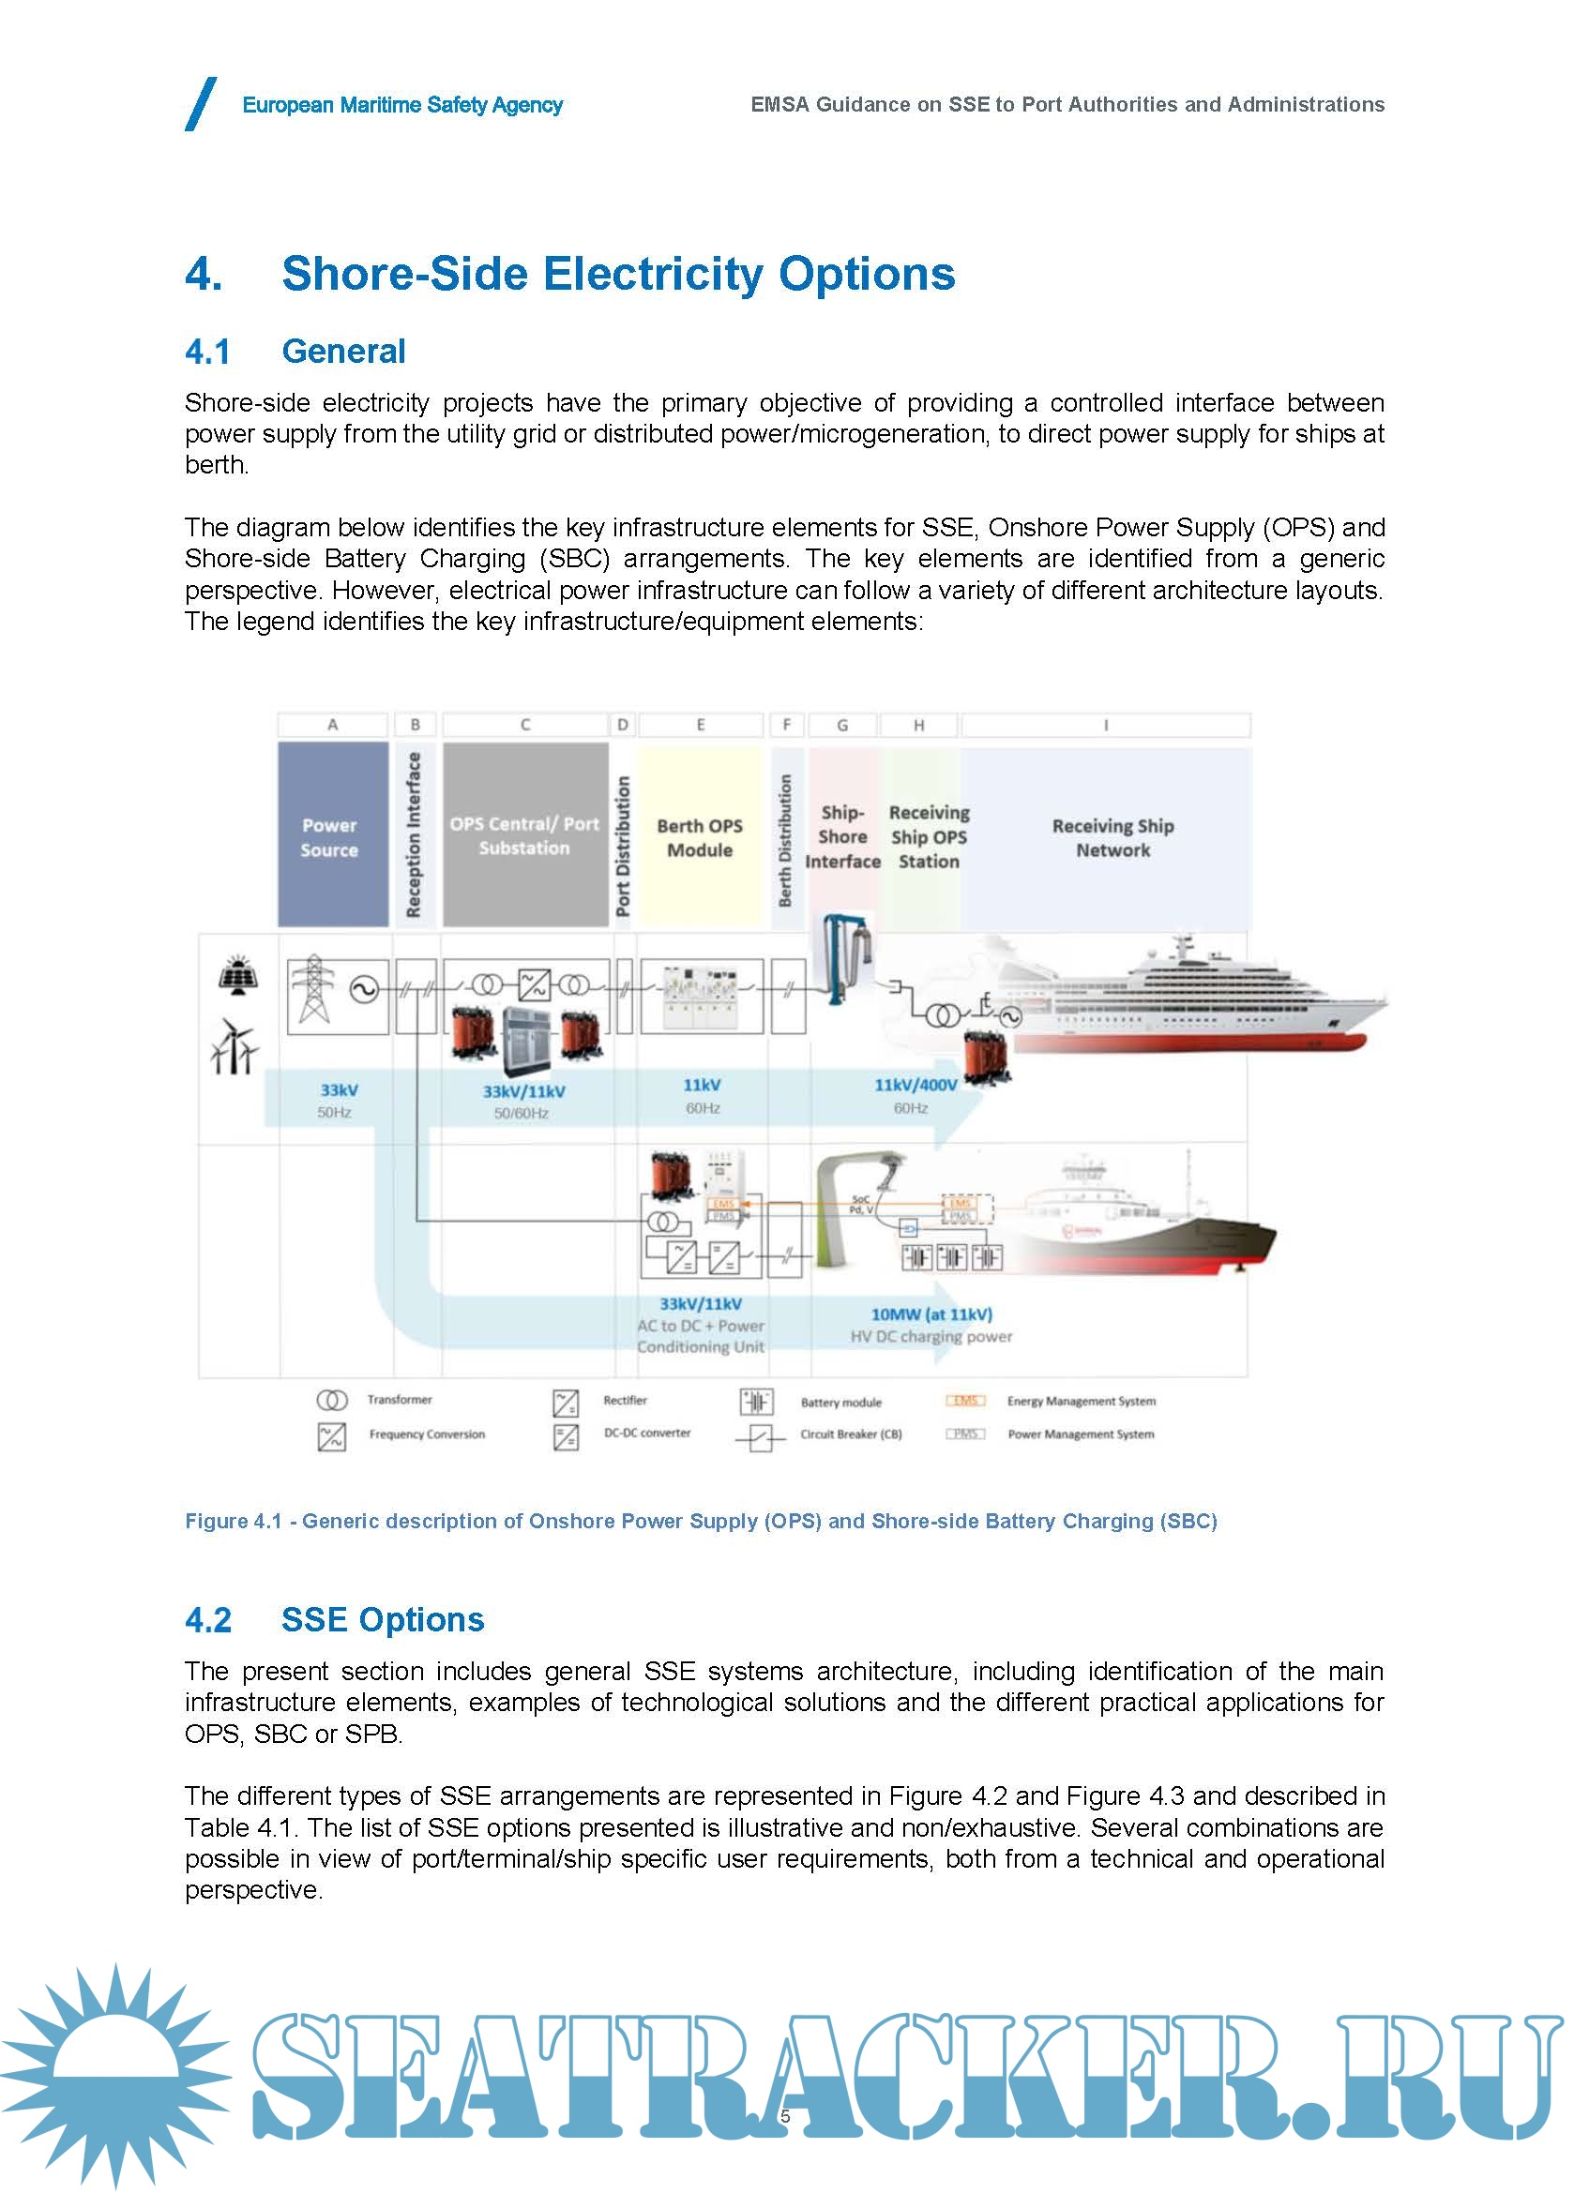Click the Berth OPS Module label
[x=699, y=837]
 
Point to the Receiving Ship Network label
[x=1112, y=837]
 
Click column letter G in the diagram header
[x=842, y=724]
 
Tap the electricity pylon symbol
[x=312, y=988]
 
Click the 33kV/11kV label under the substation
[x=523, y=1091]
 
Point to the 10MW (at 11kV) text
[x=931, y=1314]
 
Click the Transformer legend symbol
[x=332, y=1400]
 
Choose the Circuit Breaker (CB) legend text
[x=851, y=1434]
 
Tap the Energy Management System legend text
[x=1082, y=1401]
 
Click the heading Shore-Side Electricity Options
[x=618, y=274]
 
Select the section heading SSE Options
[x=382, y=1619]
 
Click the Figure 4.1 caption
[x=700, y=1521]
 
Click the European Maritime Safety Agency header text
[x=402, y=104]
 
